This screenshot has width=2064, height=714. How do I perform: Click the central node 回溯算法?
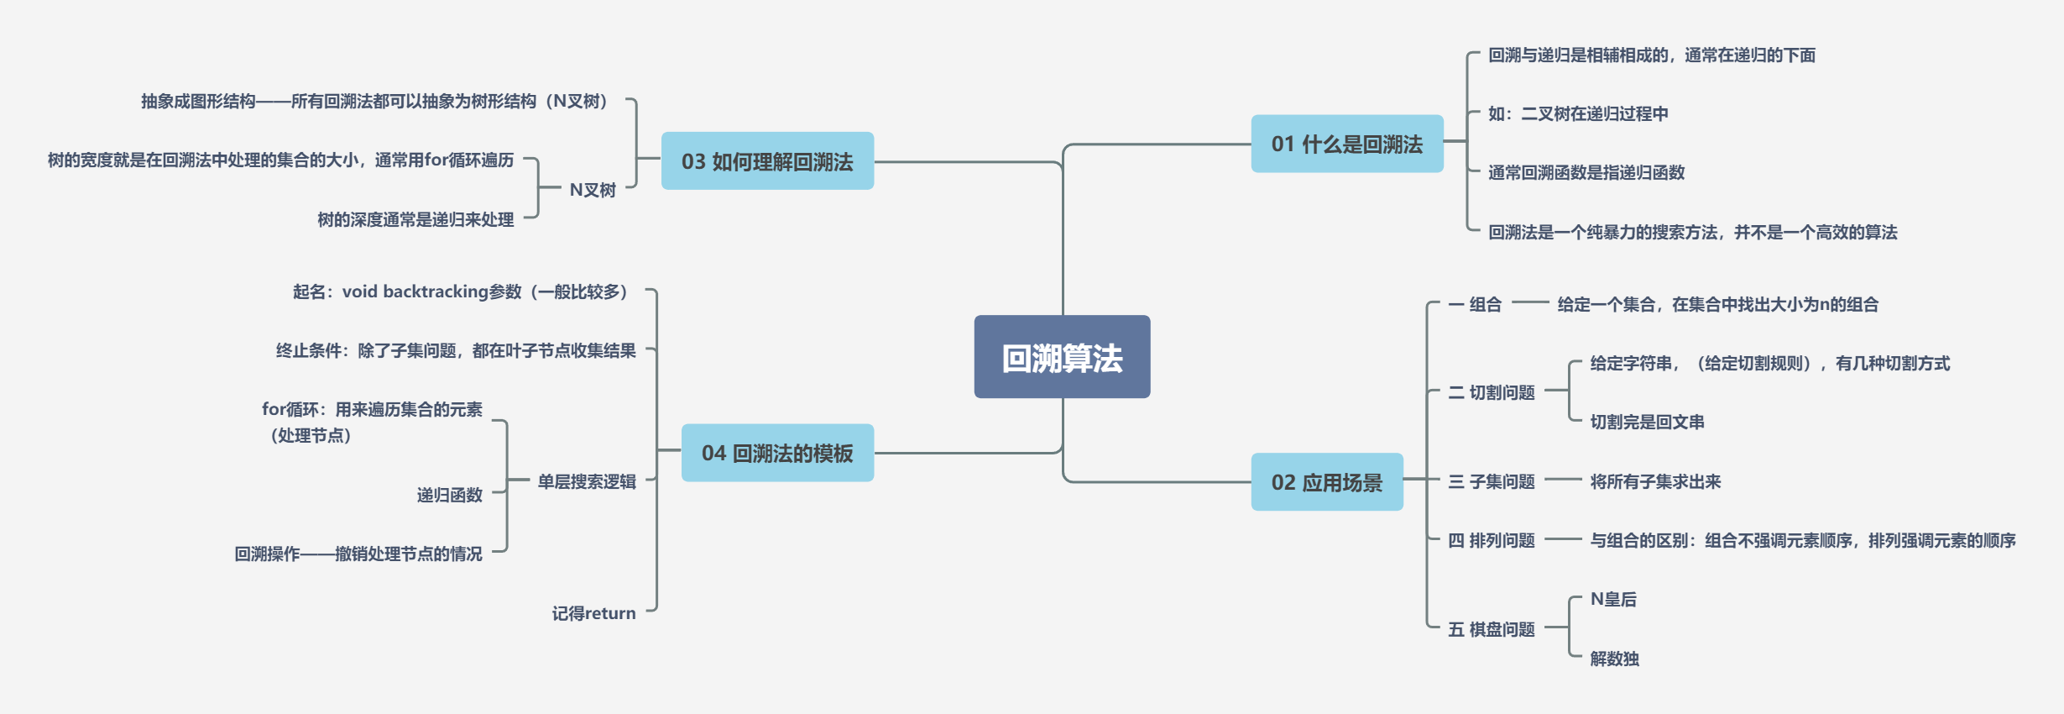1062,357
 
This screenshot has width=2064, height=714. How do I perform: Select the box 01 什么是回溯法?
1346,144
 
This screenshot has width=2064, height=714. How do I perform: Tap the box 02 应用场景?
1326,482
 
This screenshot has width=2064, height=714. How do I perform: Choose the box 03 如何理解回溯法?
767,160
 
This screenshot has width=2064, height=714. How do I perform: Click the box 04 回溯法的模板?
777,453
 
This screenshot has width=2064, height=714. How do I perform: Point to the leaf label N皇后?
1613,599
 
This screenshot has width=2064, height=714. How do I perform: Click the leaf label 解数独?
1614,659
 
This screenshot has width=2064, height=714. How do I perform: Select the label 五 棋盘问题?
1492,629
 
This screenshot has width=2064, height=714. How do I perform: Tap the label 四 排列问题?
1492,540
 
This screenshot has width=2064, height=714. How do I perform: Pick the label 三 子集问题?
1492,481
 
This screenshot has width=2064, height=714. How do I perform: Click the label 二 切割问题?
1492,392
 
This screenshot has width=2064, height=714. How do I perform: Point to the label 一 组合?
1476,304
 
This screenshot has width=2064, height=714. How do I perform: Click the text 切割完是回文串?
1647,422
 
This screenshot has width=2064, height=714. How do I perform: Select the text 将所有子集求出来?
1655,481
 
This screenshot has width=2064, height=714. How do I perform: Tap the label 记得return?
593,613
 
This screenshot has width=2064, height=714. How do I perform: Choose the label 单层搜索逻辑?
587,481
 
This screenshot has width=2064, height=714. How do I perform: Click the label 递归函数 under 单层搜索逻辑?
450,495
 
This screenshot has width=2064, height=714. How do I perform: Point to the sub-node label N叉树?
593,190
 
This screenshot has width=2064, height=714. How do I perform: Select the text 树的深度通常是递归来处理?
415,219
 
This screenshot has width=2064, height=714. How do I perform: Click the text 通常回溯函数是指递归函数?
1586,172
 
